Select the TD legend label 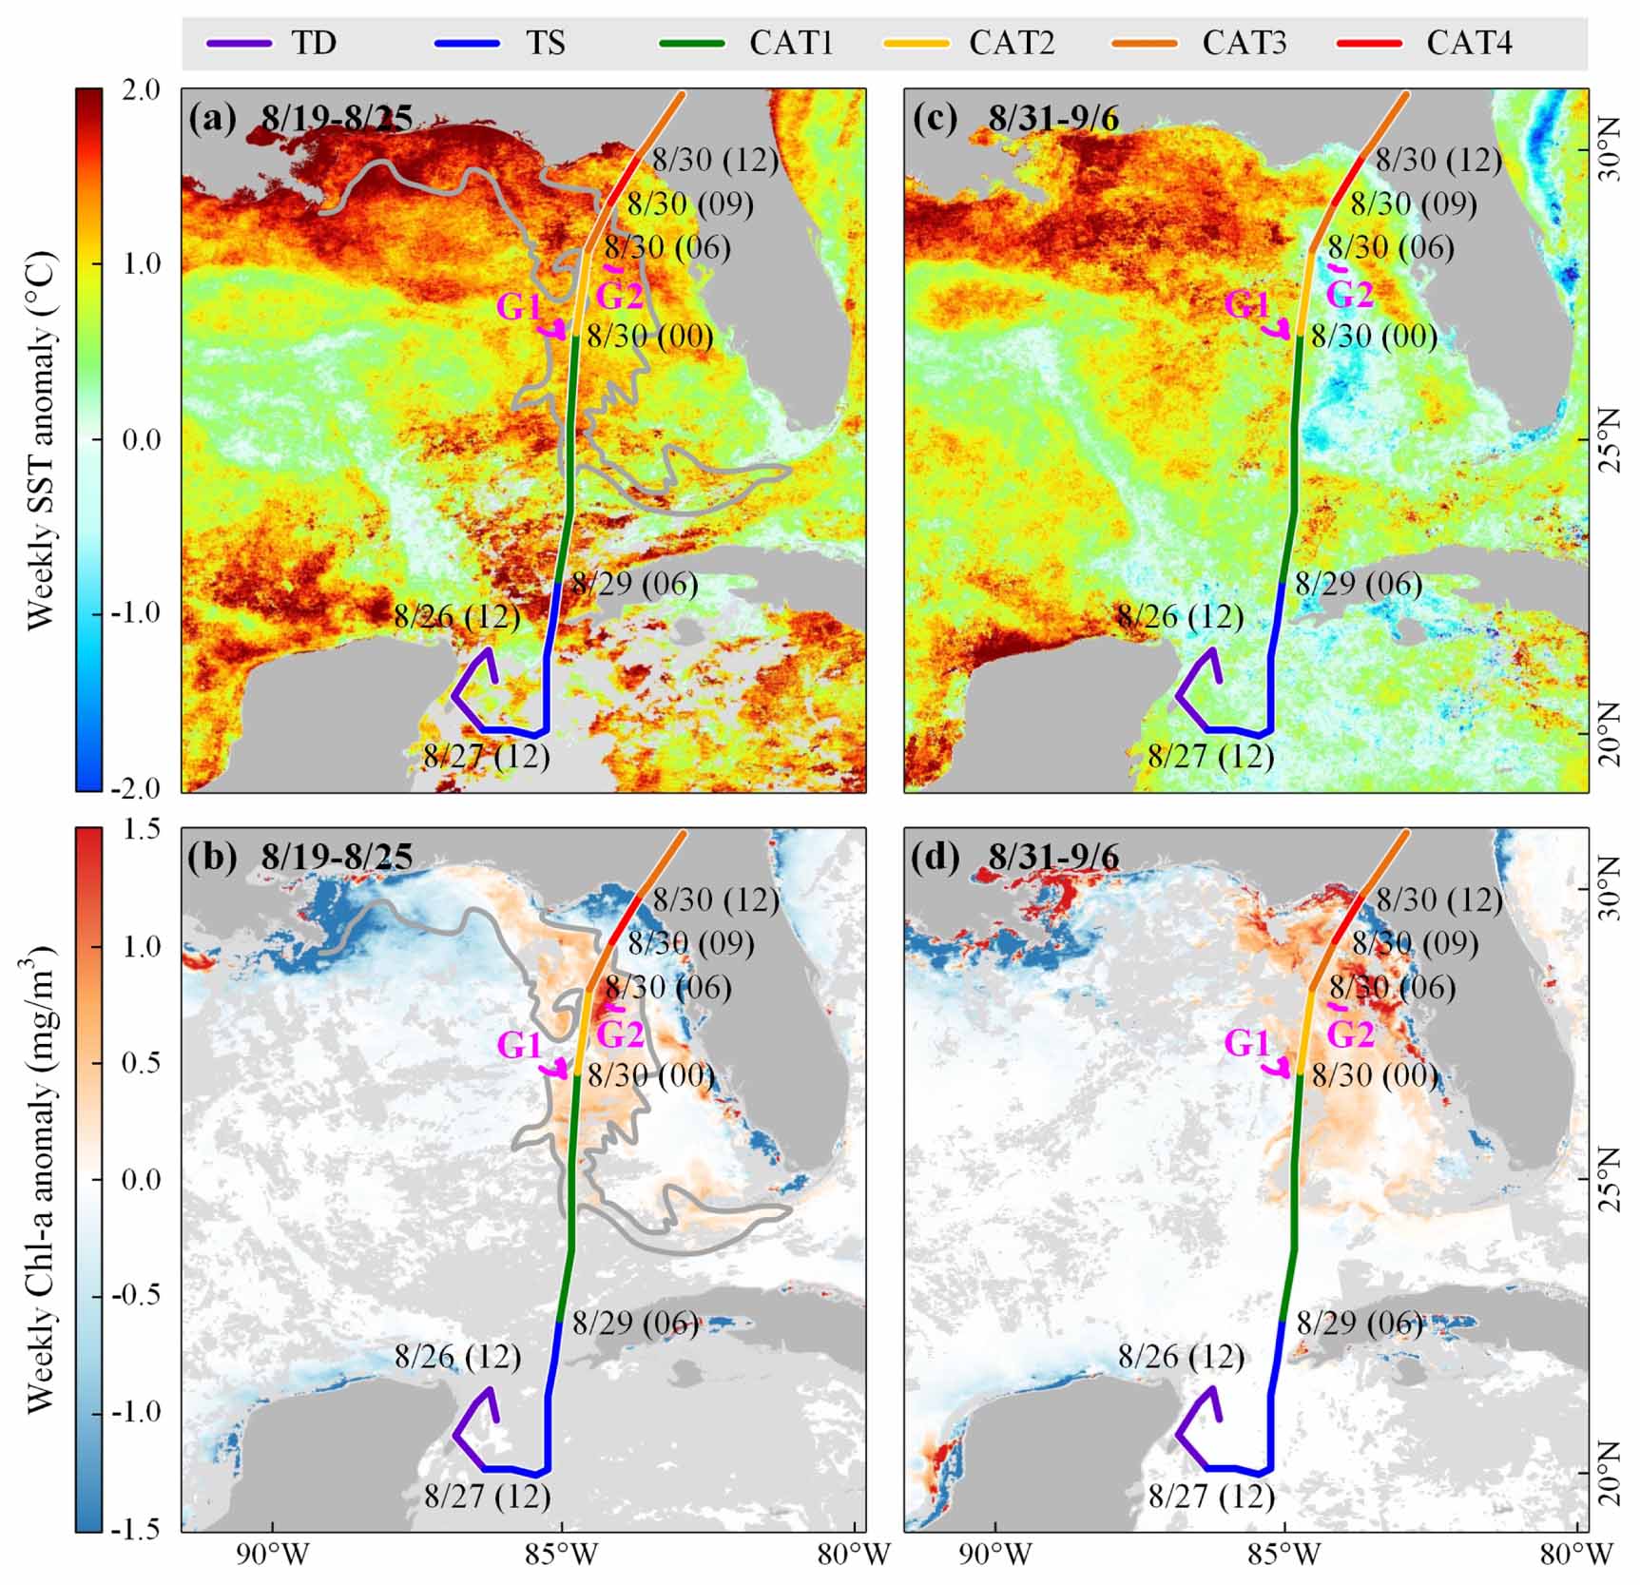coord(314,43)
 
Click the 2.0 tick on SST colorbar coord(141,90)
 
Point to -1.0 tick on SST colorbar coord(137,613)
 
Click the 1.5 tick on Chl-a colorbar coord(141,830)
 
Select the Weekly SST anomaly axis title coord(43,439)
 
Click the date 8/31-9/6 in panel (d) coord(1053,858)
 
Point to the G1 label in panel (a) coord(520,307)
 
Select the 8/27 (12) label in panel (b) coord(488,1497)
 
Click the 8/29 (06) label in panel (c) coord(1359,584)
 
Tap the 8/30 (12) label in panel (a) coord(715,161)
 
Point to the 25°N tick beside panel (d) coord(1613,1179)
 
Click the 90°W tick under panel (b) coord(274,1556)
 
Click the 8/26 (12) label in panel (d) coord(1181,1357)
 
